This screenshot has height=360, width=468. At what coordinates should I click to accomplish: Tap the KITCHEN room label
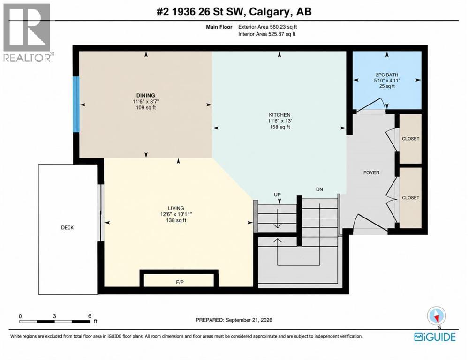coord(279,115)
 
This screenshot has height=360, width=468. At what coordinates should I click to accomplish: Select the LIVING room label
coord(176,208)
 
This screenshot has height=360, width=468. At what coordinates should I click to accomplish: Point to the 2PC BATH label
coord(387,75)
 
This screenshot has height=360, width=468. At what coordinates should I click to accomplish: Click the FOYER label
coord(371,172)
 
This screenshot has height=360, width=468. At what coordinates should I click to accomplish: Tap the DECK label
coord(68,227)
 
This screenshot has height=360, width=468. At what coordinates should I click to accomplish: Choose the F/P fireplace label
coord(180,282)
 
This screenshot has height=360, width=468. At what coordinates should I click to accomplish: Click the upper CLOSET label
coord(411,139)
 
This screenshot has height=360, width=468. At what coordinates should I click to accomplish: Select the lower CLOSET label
coord(411,198)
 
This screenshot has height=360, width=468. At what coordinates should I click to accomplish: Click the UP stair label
coord(278,195)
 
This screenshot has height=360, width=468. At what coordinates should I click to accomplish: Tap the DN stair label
coord(319,189)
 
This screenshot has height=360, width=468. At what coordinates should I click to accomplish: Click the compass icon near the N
coord(437,316)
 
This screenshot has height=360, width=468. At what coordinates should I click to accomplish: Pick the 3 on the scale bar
coord(54,316)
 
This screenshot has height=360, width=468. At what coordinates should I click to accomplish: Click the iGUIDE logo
coord(435,337)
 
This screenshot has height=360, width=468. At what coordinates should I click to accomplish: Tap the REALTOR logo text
coord(27,58)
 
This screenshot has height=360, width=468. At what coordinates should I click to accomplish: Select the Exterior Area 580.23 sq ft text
coord(267,27)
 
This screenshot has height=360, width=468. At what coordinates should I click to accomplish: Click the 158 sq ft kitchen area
coord(279,127)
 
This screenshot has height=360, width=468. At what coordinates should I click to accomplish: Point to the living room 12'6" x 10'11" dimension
coord(176,214)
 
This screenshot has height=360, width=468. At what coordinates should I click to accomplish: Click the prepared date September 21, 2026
coord(249,320)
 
